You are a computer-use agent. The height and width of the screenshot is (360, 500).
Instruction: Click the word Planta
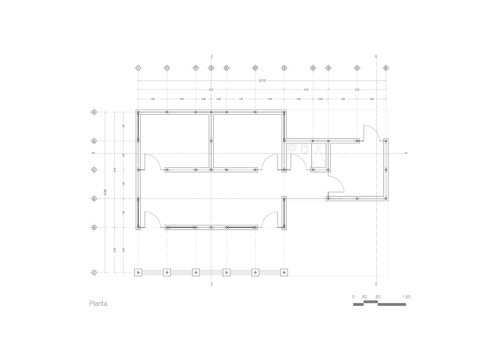tap(98, 304)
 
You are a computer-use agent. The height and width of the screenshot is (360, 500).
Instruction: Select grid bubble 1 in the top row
tap(138, 68)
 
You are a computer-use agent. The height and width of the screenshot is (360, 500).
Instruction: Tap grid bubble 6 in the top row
tap(386, 68)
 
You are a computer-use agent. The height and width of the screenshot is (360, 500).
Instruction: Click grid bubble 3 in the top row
tap(284, 68)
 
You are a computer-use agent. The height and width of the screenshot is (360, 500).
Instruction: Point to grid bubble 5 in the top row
tap(357, 68)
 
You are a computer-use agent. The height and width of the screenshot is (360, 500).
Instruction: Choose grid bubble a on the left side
tap(94, 112)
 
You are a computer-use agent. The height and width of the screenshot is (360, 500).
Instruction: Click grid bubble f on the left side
tap(94, 273)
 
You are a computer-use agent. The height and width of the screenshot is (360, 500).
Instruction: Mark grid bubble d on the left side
tap(94, 199)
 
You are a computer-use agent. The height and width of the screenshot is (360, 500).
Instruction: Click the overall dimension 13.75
tap(262, 81)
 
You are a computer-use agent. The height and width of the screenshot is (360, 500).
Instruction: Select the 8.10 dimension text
tap(211, 90)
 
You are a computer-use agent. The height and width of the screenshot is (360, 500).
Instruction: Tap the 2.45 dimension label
tap(306, 90)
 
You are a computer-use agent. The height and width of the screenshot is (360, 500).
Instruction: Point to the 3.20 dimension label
tap(357, 90)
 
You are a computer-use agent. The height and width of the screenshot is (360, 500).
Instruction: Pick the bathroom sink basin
tap(293, 147)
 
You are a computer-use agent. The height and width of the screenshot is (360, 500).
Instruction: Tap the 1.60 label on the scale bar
tap(406, 297)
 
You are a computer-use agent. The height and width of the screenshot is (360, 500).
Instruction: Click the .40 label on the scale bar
tap(364, 297)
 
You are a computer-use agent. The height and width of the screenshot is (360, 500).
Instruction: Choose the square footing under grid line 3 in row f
tap(284, 273)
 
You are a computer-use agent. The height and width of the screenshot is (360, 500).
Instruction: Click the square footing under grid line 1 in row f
tap(138, 273)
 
